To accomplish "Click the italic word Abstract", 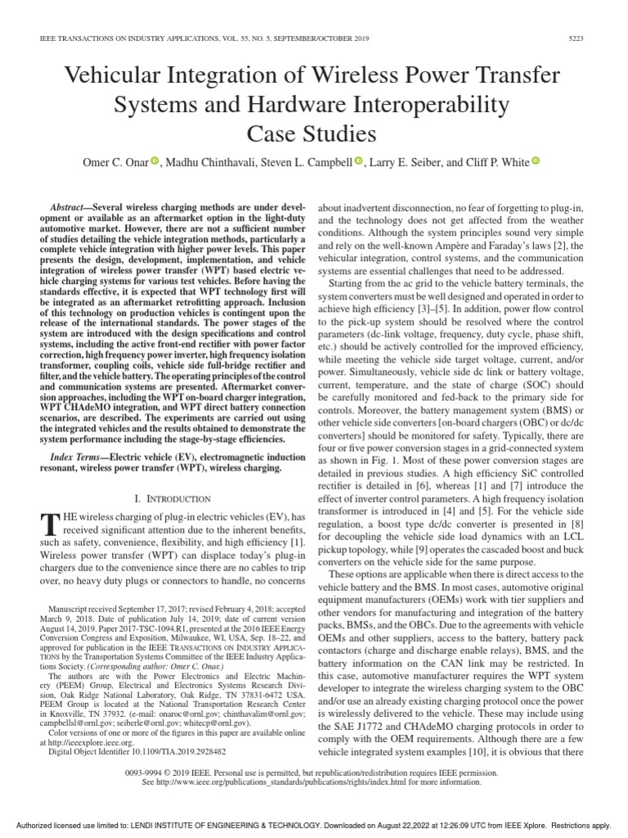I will point(67,209).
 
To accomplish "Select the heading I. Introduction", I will point(159,498).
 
